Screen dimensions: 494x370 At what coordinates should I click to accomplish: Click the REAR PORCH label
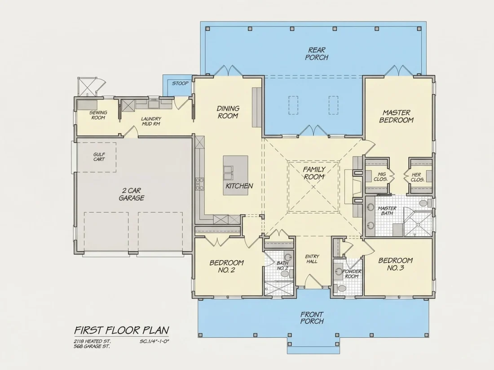pos(317,53)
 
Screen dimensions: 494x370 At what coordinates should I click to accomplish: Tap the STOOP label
pos(180,83)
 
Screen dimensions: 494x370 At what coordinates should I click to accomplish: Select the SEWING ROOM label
pos(98,115)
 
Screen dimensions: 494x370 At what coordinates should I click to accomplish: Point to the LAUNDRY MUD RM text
pos(151,121)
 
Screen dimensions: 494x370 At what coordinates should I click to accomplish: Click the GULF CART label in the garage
pos(99,157)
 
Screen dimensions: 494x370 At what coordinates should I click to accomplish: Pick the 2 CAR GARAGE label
pos(132,194)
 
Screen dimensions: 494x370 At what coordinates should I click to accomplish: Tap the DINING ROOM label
pos(228,112)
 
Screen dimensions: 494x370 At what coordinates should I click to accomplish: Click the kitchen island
pos(236,175)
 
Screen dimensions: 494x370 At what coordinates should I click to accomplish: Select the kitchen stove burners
pos(199,184)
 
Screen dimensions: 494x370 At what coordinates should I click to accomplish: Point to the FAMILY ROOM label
pos(314,173)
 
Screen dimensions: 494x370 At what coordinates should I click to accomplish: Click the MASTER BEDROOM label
pos(397,116)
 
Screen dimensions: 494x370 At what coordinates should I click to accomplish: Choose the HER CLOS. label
pos(418,177)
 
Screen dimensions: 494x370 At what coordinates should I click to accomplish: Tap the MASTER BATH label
pos(387,210)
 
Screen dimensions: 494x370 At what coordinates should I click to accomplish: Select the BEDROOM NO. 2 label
pos(226,266)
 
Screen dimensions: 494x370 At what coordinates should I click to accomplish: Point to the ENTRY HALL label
pos(312,259)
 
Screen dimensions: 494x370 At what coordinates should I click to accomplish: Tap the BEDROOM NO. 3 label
pos(395,264)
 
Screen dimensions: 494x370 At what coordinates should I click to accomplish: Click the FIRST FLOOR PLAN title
pos(122,330)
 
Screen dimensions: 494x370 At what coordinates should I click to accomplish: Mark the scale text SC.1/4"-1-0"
pos(154,341)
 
